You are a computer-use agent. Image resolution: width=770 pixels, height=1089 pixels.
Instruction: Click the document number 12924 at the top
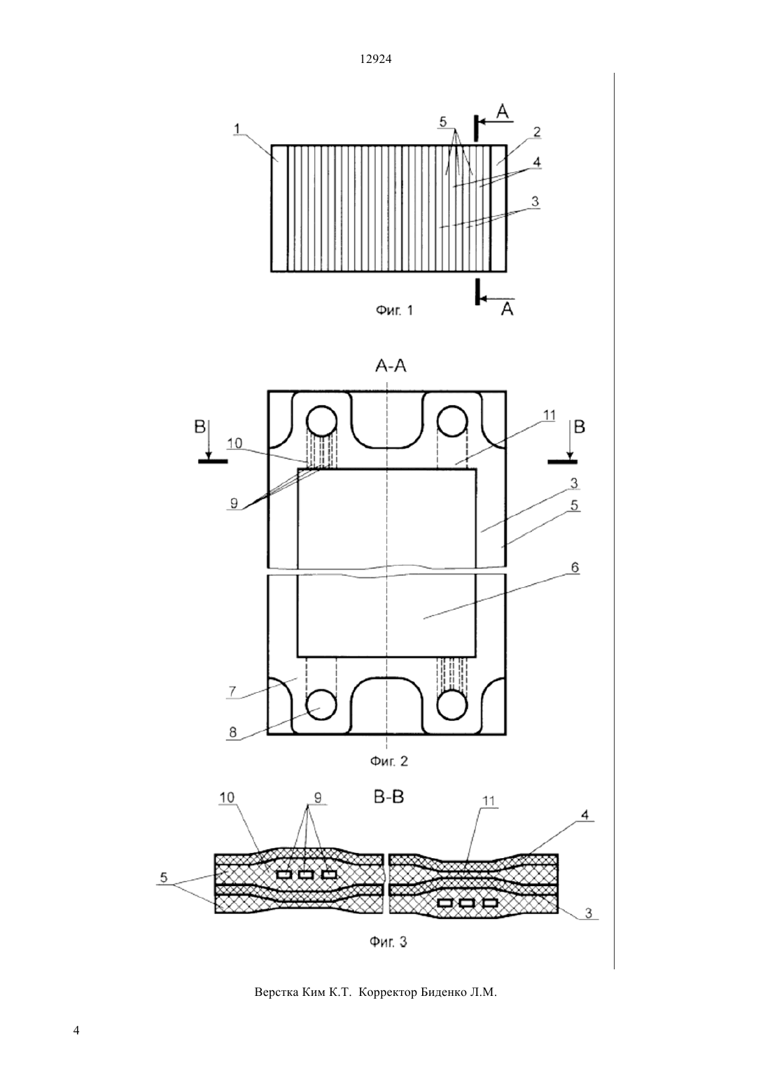point(376,59)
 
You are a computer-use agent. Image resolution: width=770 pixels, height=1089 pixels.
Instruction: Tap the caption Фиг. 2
point(389,761)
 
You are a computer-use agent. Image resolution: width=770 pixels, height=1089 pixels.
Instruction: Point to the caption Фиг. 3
point(388,942)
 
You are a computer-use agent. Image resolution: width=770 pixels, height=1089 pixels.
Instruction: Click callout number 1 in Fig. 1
point(237,129)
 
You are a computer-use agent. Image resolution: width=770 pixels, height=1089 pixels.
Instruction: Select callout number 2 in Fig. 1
point(537,132)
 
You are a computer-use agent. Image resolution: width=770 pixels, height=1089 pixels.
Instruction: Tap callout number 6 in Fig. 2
point(575,568)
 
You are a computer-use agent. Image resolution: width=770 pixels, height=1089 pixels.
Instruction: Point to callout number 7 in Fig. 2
point(233,691)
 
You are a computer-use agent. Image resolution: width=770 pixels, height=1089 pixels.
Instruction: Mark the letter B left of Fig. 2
point(199,428)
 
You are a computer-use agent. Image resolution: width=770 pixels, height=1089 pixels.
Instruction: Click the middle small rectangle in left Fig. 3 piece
point(306,875)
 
